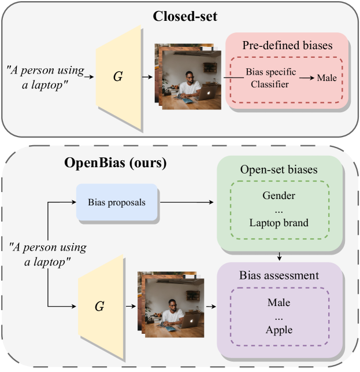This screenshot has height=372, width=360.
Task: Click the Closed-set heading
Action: (184, 16)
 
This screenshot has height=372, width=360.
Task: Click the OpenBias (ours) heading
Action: (116, 163)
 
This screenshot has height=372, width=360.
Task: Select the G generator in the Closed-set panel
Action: (118, 76)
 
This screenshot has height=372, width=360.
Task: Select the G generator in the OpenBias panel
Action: (99, 306)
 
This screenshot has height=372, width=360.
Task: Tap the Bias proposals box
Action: (117, 202)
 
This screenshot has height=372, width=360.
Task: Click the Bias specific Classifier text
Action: (270, 78)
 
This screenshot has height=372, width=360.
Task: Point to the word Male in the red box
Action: (326, 78)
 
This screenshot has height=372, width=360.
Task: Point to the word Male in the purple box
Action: (279, 303)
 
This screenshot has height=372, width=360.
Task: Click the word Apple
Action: (279, 330)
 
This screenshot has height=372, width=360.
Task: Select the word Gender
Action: (279, 196)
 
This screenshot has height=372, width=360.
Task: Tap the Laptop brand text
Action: (279, 223)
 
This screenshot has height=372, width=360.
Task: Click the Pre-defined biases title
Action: (287, 45)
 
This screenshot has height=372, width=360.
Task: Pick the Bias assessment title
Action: (279, 275)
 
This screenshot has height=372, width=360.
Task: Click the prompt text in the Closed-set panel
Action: (46, 76)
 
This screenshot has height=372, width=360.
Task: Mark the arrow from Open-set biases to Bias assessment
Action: (279, 255)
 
